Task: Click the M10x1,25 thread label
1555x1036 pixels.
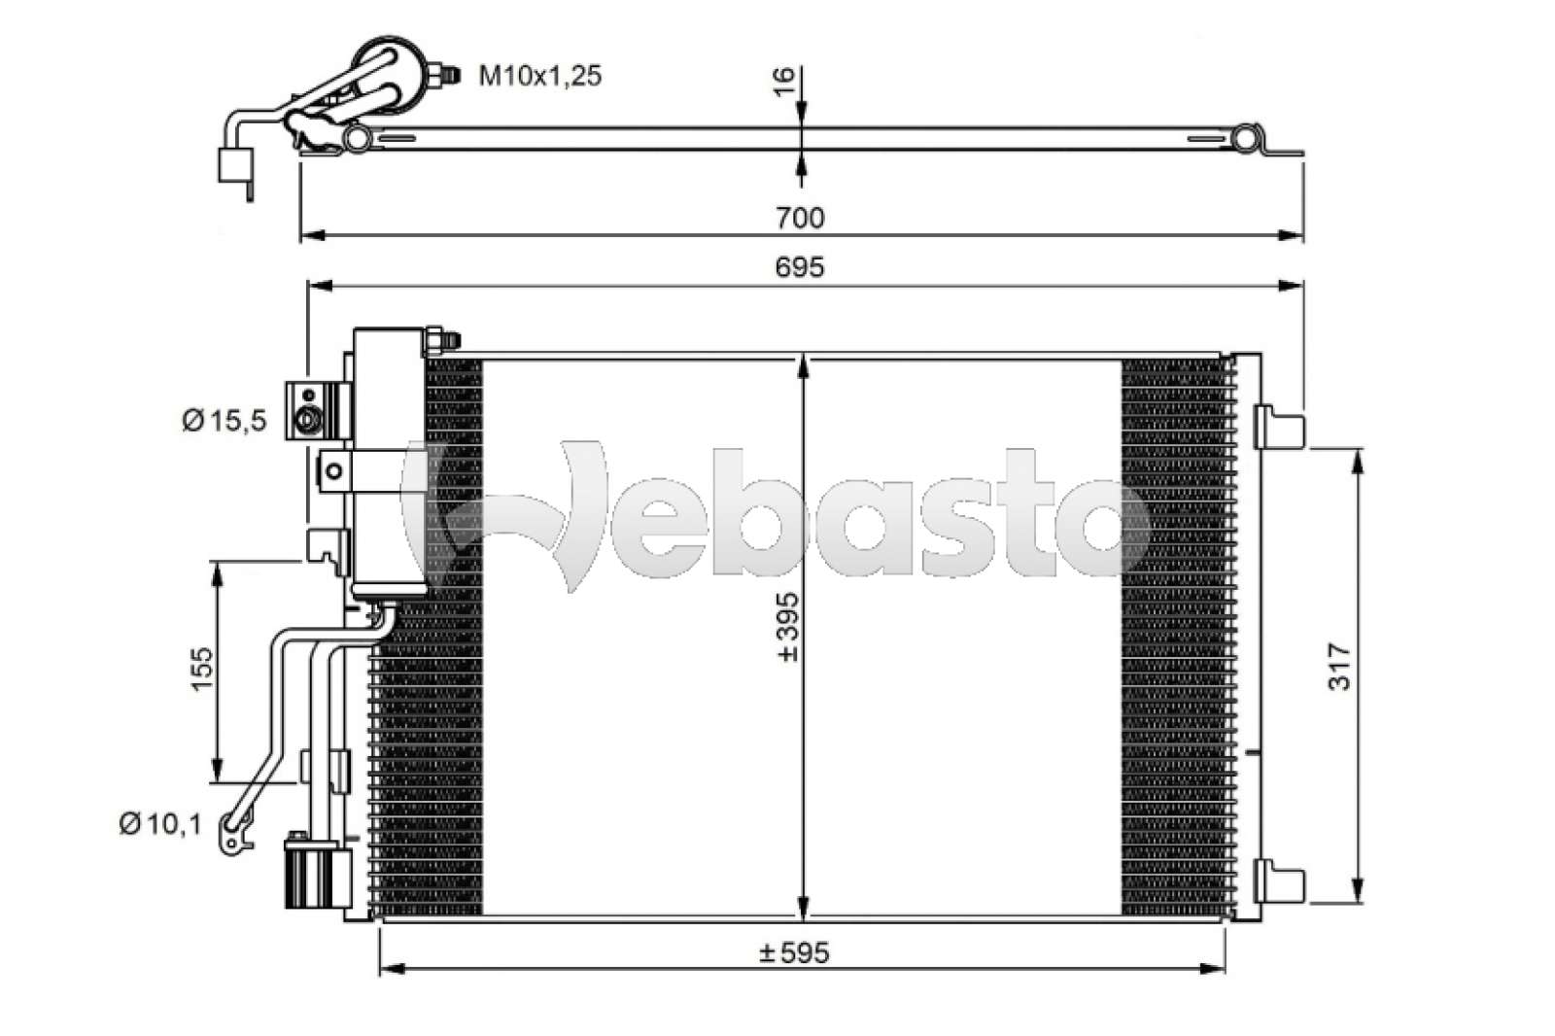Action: pos(539,75)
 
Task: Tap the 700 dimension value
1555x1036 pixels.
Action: pos(800,217)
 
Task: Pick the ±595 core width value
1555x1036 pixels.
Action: pos(794,952)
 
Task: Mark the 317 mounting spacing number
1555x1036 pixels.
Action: pos(1340,667)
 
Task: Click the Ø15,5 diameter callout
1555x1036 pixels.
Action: pos(223,420)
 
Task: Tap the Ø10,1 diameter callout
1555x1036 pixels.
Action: pos(159,824)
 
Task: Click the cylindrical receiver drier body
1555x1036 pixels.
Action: pos(388,462)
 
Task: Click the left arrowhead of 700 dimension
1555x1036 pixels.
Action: pos(309,234)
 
